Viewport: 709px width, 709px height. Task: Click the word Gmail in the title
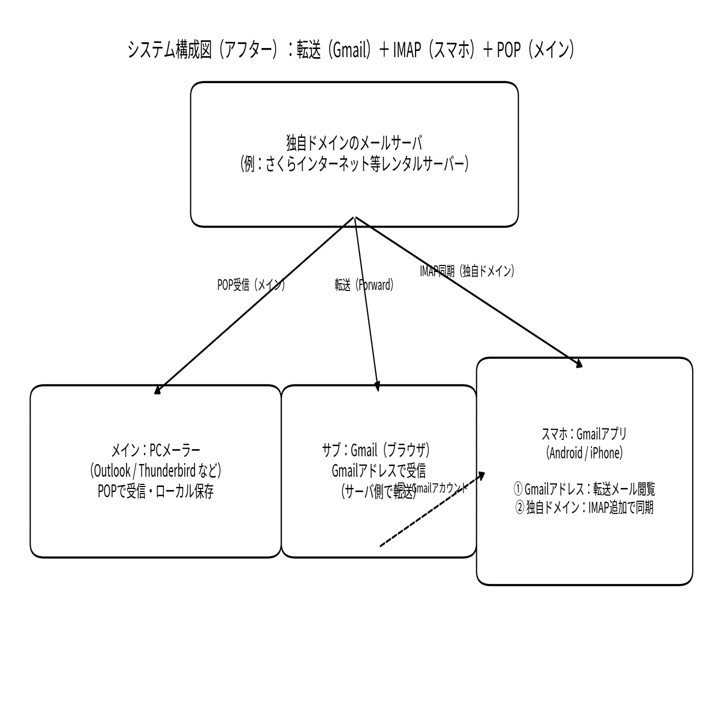coord(348,50)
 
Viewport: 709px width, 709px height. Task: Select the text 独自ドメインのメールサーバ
coord(354,143)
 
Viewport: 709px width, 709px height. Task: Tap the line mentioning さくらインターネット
coord(354,164)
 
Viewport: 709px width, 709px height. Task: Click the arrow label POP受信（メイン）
coord(251,285)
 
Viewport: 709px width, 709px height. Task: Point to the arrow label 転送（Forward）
coord(364,285)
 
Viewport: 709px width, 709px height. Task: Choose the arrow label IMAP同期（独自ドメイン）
coord(467,271)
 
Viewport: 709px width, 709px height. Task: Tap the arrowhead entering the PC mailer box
coord(157,391)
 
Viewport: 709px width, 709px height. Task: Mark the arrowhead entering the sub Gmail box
coord(378,388)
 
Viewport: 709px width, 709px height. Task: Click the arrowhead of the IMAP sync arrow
coord(579,364)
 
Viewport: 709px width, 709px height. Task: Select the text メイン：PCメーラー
coord(156,450)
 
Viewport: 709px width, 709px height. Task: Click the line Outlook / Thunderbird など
coord(156,470)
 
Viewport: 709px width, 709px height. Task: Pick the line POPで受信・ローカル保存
coord(156,491)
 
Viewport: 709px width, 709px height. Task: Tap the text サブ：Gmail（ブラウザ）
coord(376,450)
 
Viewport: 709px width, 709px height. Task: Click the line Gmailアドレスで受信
coord(379,470)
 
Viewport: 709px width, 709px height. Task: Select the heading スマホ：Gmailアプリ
coord(584,434)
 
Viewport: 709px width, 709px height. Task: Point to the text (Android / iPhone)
coord(584,453)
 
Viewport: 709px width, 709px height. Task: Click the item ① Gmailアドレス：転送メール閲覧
coord(584,489)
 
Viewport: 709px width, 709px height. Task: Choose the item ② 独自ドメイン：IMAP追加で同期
coord(584,508)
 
